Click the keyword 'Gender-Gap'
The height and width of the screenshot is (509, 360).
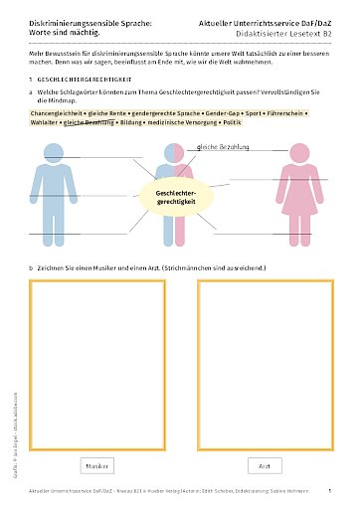coord(204,114)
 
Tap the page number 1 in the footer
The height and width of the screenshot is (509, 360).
coord(328,490)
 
